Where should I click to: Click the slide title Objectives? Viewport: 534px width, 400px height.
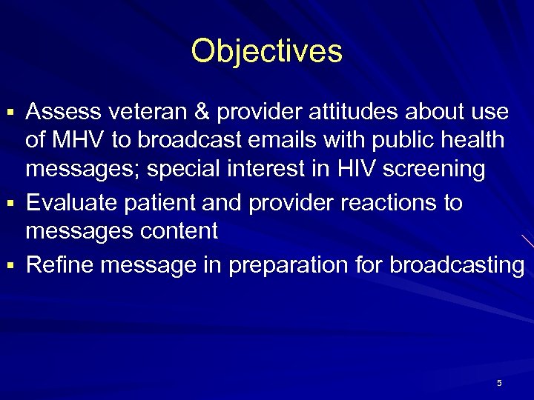click(266, 51)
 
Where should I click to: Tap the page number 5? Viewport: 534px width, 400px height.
click(499, 383)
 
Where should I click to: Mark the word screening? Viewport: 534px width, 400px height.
click(438, 170)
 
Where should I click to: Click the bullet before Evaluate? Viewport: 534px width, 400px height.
click(11, 203)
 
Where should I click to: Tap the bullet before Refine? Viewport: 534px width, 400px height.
click(11, 265)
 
